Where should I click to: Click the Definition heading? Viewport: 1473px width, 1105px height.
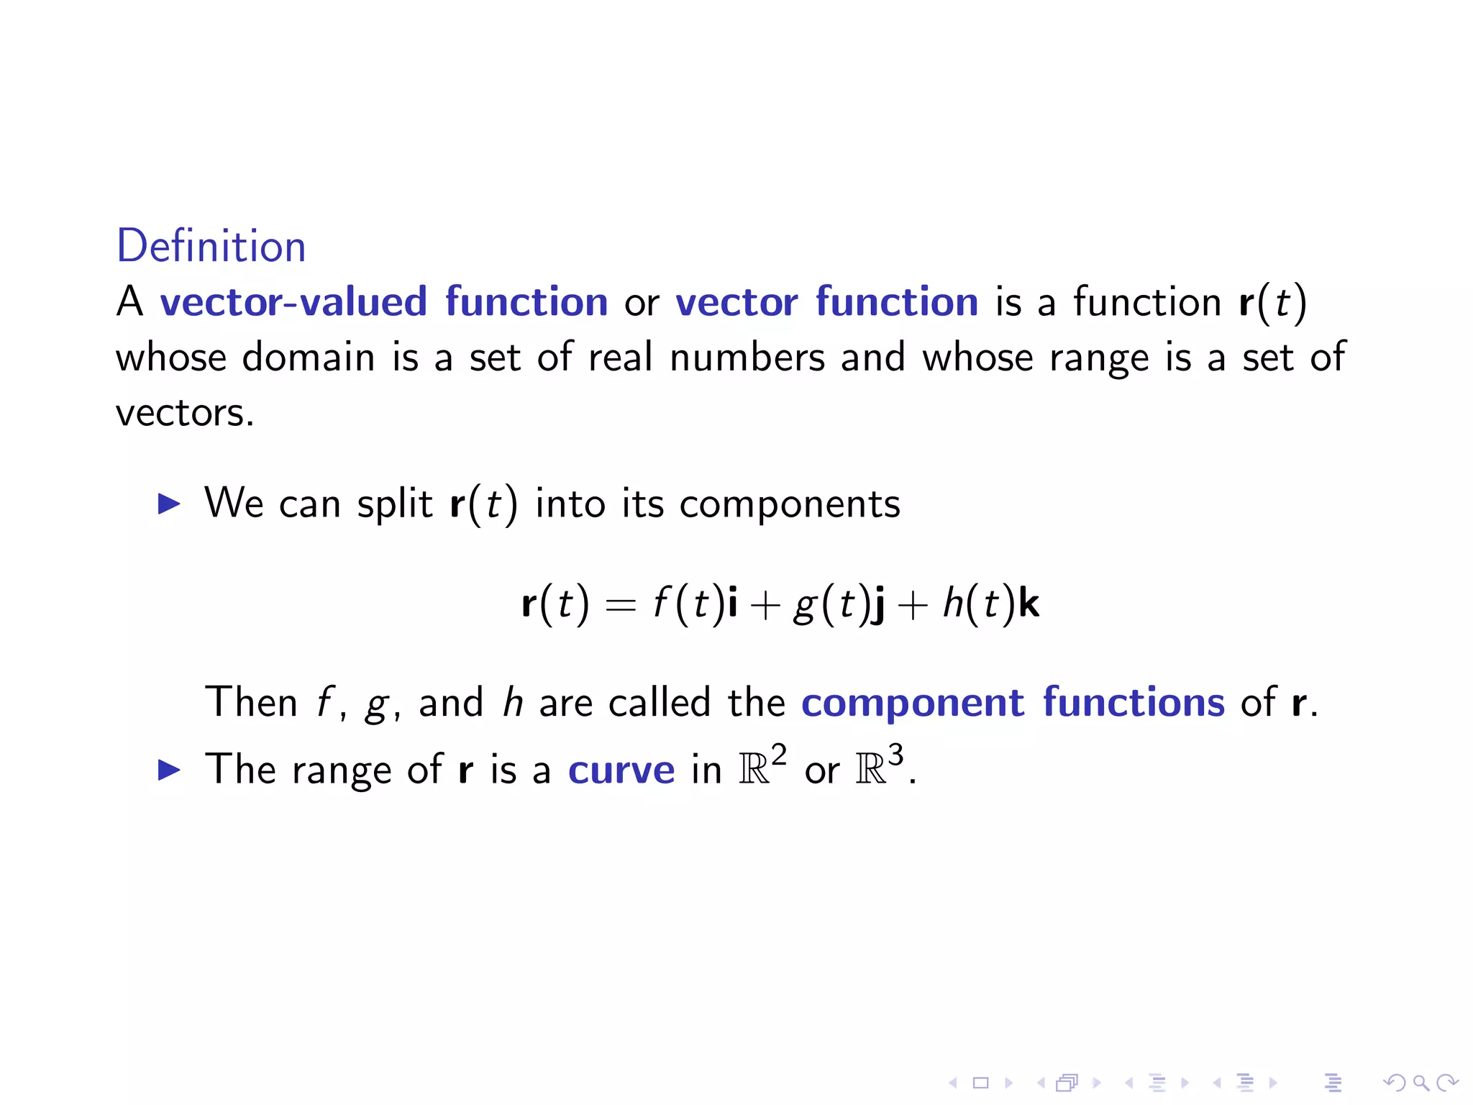point(211,247)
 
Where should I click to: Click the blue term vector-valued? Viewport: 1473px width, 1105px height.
point(293,301)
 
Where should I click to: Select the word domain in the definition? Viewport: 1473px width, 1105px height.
point(309,358)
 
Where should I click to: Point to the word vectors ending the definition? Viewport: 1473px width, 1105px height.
point(184,413)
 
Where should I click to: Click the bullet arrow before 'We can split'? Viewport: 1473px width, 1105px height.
point(169,504)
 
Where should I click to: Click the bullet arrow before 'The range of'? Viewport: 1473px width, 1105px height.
point(169,770)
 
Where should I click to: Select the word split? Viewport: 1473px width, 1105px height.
point(395,504)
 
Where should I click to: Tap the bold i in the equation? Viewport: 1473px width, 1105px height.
point(732,603)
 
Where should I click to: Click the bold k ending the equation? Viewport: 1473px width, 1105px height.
point(1029,603)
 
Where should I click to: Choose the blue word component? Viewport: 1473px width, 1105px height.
point(913,704)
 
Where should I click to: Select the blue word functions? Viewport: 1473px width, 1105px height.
point(1134,702)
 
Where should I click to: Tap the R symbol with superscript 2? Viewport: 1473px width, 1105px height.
point(754,770)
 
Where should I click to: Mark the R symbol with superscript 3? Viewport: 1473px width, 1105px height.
point(871,770)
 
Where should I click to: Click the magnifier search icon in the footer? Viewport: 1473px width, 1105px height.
point(1420,1083)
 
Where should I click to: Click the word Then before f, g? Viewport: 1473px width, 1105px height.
point(251,702)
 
